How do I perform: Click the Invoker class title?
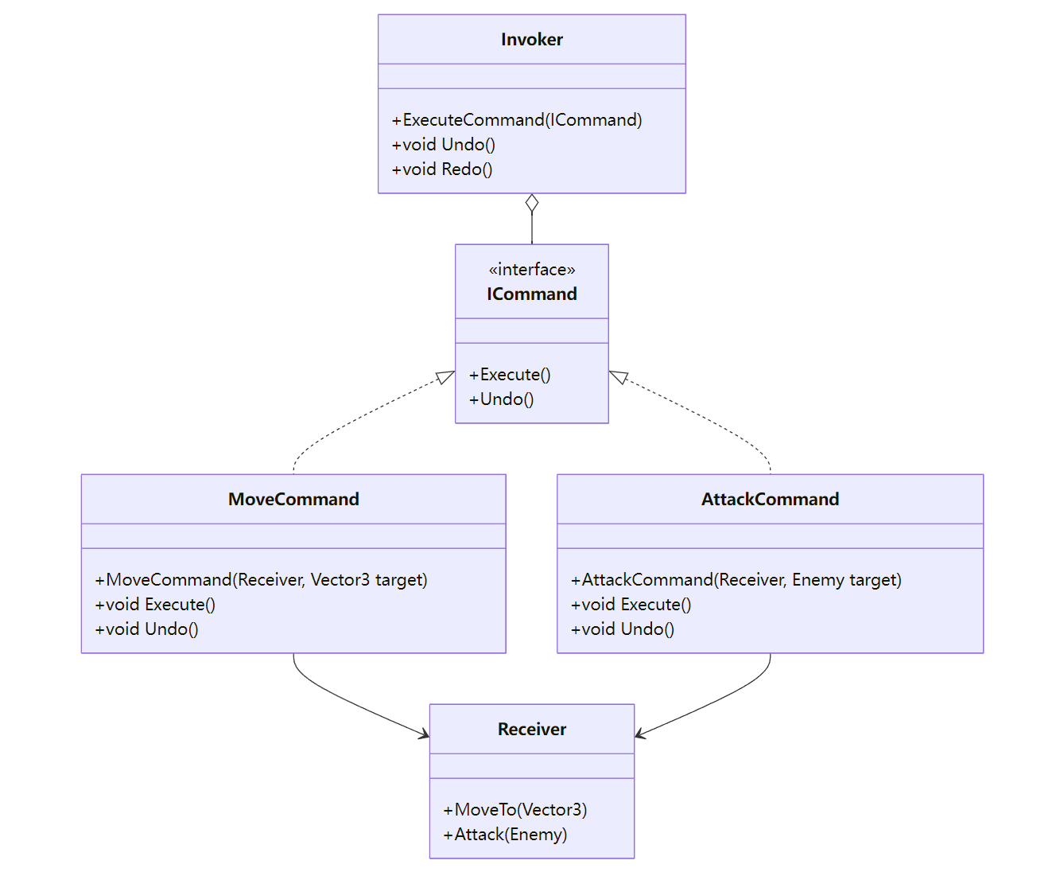click(x=531, y=40)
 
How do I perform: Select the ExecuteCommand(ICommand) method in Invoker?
click(x=516, y=120)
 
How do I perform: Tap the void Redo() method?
click(x=442, y=169)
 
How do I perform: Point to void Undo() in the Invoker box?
click(x=443, y=145)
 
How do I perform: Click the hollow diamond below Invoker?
click(x=532, y=204)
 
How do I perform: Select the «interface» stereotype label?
click(x=531, y=270)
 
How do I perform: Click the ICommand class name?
click(x=531, y=294)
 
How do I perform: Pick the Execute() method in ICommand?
click(x=510, y=375)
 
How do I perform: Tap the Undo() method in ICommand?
click(x=501, y=399)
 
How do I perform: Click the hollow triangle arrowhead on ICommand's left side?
click(x=445, y=377)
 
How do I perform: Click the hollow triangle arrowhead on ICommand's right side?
click(x=619, y=377)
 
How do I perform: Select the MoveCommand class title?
click(x=293, y=500)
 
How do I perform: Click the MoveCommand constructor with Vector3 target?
click(x=261, y=580)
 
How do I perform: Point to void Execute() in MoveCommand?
click(x=155, y=605)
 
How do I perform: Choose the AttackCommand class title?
click(x=770, y=500)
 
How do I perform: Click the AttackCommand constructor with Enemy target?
click(x=736, y=580)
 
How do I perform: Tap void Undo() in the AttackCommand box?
click(x=623, y=629)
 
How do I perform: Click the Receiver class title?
click(x=531, y=730)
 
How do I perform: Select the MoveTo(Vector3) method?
click(x=515, y=810)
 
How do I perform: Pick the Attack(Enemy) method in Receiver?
click(x=505, y=835)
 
